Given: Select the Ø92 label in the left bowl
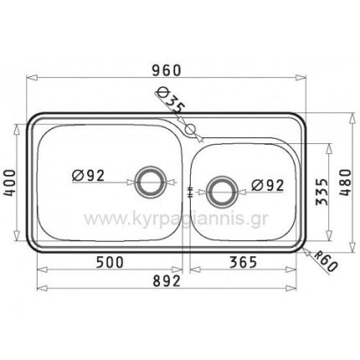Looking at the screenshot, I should point(88,176).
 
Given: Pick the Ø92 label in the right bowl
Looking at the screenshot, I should point(266,186).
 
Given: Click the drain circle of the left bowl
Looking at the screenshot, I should point(151,180).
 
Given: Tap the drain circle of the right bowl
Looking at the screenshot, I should point(221,191).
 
